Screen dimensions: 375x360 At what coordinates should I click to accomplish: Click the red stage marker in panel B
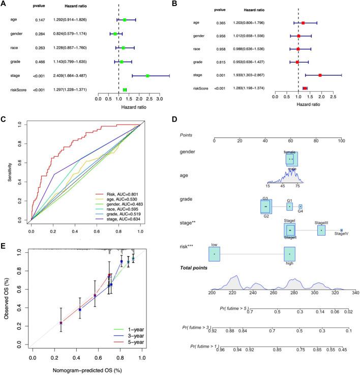320,75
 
